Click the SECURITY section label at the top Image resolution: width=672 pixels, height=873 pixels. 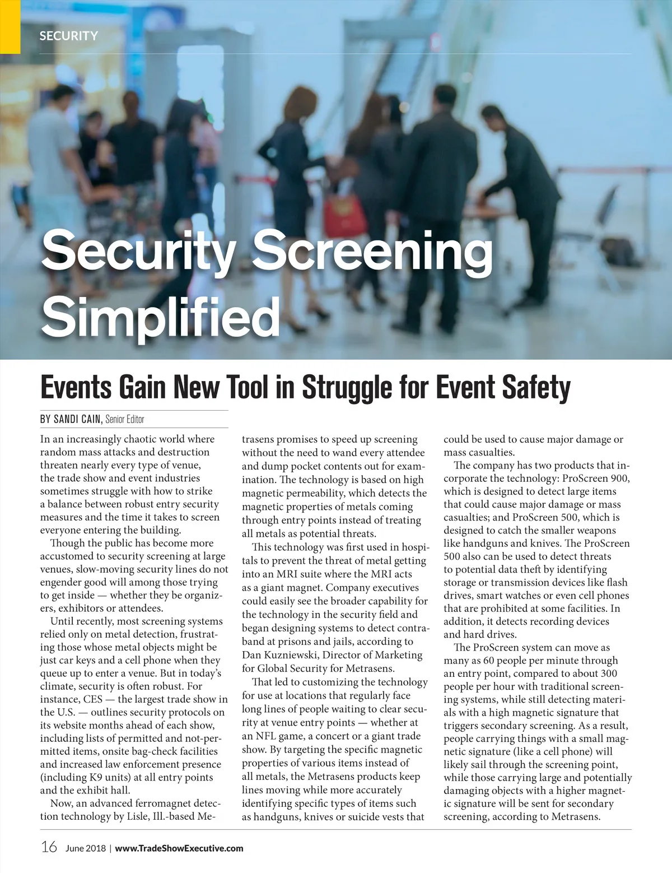pyautogui.click(x=68, y=36)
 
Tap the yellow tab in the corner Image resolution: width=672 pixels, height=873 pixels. pyautogui.click(x=10, y=26)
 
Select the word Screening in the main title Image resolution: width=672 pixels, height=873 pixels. pyautogui.click(x=374, y=250)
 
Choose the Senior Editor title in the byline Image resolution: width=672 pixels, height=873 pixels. pyautogui.click(x=125, y=419)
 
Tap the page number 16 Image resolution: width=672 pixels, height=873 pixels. pyautogui.click(x=49, y=847)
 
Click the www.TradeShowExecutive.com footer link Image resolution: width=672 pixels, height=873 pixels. pyautogui.click(x=179, y=848)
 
